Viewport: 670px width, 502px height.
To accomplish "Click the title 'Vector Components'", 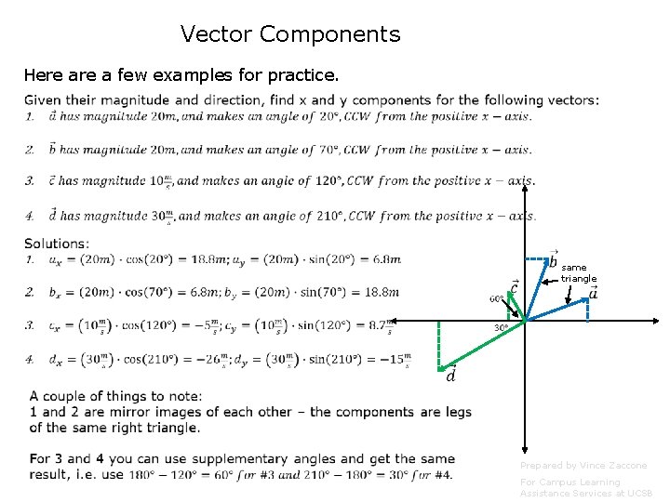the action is [x=290, y=35].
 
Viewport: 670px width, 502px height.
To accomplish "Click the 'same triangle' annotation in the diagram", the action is [x=579, y=272].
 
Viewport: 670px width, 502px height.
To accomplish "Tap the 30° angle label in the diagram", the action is [x=501, y=328].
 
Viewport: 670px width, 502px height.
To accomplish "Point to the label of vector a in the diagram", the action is [x=593, y=293].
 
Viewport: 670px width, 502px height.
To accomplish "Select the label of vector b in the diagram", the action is [x=553, y=262].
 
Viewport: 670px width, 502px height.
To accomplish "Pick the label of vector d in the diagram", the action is [x=451, y=376].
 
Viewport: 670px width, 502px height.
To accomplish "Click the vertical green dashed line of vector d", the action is [x=439, y=344].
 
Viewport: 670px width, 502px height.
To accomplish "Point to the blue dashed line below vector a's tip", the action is [x=588, y=310].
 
